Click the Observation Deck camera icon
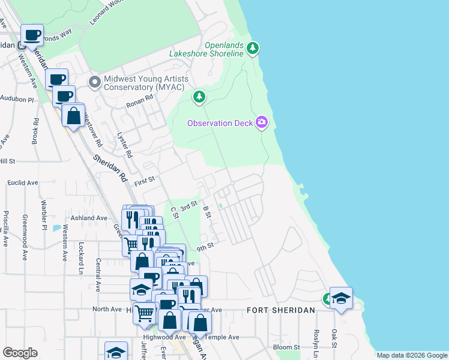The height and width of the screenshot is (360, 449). pyautogui.click(x=261, y=122)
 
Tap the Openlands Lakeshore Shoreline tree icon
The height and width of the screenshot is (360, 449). pyautogui.click(x=253, y=47)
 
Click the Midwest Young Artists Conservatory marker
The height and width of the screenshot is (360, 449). pyautogui.click(x=94, y=82)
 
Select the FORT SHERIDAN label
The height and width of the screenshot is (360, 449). pyautogui.click(x=281, y=310)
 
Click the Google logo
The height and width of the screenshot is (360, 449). pyautogui.click(x=20, y=353)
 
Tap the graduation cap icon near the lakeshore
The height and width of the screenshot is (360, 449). pyautogui.click(x=341, y=298)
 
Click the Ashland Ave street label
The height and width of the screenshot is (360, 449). pyautogui.click(x=89, y=218)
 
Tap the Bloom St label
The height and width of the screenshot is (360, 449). pyautogui.click(x=286, y=347)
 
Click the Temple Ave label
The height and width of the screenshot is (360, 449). pyautogui.click(x=224, y=337)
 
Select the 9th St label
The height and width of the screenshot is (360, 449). pyautogui.click(x=205, y=245)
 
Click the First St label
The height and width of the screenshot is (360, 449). pyautogui.click(x=144, y=181)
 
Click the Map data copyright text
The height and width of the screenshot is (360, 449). pyautogui.click(x=412, y=355)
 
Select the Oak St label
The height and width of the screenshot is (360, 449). pyautogui.click(x=334, y=340)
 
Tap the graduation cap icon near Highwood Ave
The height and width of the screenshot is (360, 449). pyautogui.click(x=116, y=352)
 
